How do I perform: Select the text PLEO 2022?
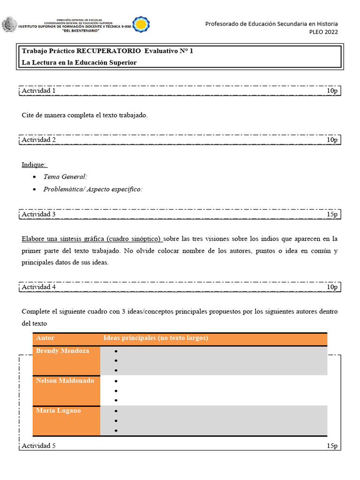323,32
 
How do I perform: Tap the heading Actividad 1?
39,90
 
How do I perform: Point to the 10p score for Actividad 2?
332,140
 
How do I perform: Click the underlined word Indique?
34,165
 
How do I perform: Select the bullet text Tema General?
65,177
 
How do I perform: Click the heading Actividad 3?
39,214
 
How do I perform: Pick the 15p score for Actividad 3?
332,214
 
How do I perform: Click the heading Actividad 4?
39,287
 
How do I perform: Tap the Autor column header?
45,338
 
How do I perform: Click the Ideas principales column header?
156,338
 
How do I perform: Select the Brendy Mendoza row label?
62,351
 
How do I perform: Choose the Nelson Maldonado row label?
65,381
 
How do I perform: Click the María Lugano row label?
58,411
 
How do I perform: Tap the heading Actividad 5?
39,446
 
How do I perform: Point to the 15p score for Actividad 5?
332,446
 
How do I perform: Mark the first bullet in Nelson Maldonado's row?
116,381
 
